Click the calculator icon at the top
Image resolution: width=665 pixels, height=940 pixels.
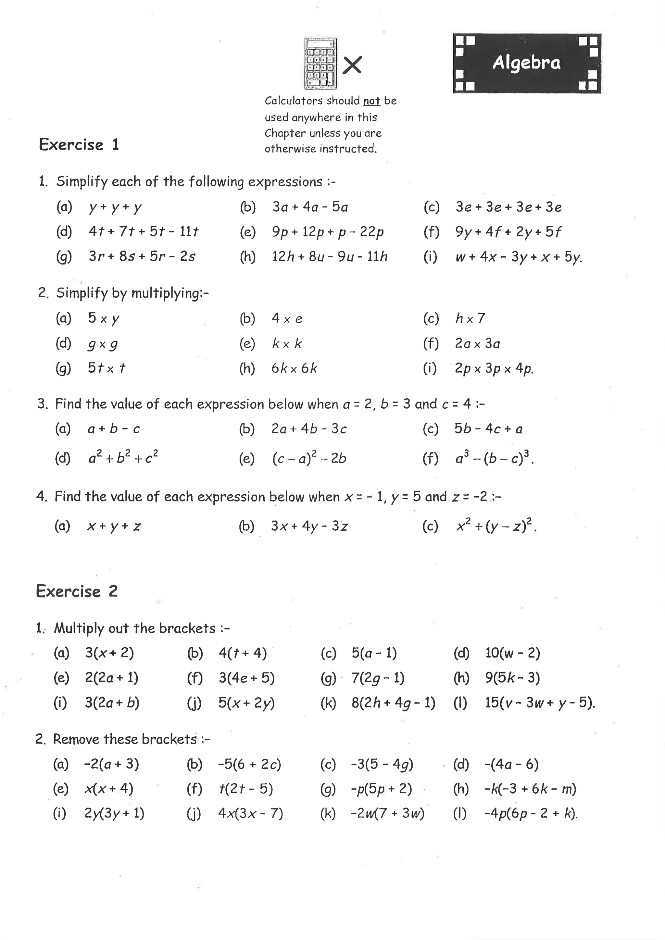[x=320, y=64]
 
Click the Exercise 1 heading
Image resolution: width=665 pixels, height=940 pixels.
[x=79, y=144]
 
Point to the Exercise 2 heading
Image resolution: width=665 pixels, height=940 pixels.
[x=77, y=591]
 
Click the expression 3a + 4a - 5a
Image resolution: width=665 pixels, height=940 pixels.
[x=310, y=207]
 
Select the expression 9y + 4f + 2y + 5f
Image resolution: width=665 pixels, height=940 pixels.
[x=508, y=232]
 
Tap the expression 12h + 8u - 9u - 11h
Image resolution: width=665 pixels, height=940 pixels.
[x=330, y=257]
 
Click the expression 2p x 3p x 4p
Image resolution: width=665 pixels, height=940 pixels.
[x=494, y=368]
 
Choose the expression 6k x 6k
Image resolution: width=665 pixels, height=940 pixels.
[x=294, y=368]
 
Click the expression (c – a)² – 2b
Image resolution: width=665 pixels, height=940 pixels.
[x=309, y=458]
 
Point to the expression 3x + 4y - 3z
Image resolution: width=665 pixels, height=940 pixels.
[x=309, y=526]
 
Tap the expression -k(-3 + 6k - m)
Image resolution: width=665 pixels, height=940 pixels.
[x=530, y=788]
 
